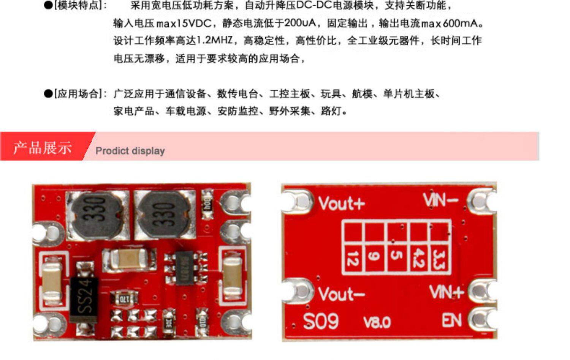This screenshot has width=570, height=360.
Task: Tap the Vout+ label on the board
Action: [341, 204]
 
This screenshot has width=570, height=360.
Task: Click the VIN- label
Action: [440, 200]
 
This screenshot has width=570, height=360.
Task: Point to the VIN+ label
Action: [446, 292]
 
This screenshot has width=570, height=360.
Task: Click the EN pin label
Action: [451, 321]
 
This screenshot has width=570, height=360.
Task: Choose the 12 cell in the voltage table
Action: [353, 259]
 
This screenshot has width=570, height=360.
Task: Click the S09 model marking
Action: [321, 321]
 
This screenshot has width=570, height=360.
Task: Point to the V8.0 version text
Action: [377, 322]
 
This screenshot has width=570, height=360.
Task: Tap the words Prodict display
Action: [130, 151]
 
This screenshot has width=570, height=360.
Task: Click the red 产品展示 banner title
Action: [42, 147]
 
